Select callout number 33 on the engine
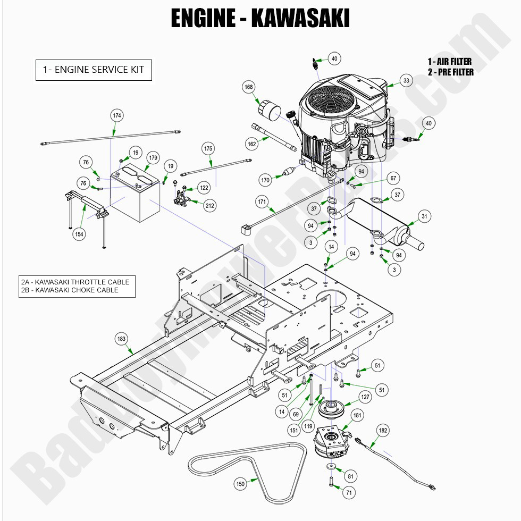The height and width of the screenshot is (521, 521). pyautogui.click(x=407, y=81)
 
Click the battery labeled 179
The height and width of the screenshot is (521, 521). pyautogui.click(x=135, y=196)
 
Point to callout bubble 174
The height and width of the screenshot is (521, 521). pyautogui.click(x=117, y=115)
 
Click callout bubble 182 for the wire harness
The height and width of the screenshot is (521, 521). pyautogui.click(x=383, y=430)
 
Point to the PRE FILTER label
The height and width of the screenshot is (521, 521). pyautogui.click(x=450, y=72)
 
